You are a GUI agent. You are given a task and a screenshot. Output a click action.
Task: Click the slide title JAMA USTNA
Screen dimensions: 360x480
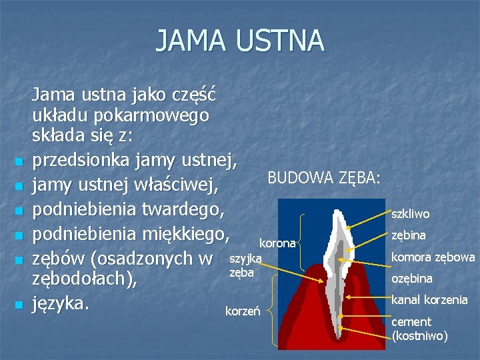(x=240, y=40)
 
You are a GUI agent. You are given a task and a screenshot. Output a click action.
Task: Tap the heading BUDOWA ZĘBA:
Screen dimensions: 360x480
(x=324, y=177)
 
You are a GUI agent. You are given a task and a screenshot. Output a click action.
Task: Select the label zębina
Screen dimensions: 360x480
(x=408, y=235)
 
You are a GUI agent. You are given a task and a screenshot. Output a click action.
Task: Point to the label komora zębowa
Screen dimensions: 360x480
(x=433, y=257)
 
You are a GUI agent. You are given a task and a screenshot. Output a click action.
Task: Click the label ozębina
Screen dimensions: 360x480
(x=411, y=278)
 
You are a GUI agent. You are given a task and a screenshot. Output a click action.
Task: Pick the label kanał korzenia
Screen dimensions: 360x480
(x=429, y=299)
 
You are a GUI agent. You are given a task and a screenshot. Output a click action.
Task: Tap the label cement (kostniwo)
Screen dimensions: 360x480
(x=419, y=329)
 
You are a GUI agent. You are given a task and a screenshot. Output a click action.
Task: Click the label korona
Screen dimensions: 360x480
(x=277, y=243)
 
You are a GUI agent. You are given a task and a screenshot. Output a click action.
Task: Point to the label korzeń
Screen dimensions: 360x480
(x=239, y=311)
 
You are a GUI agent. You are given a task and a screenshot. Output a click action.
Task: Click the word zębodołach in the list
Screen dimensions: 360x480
(x=81, y=280)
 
